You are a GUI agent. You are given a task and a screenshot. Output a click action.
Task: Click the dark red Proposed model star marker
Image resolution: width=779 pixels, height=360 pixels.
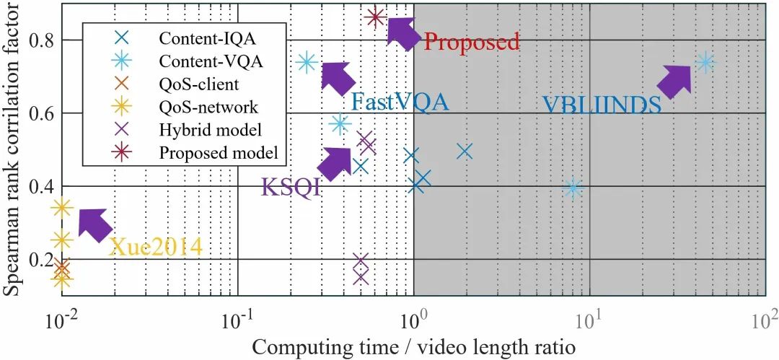point(375,17)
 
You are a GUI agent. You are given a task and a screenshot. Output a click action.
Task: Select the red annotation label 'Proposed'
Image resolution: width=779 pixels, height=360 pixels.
point(471,42)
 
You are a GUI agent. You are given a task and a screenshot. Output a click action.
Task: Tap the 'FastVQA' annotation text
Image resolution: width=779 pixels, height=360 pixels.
point(400,102)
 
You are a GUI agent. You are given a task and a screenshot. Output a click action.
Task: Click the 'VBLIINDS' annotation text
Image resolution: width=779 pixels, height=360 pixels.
point(602,105)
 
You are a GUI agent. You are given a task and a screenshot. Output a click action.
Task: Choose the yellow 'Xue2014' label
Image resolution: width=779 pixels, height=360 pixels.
point(155,247)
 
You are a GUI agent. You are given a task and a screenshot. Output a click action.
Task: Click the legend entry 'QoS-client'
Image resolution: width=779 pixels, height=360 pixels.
point(199,84)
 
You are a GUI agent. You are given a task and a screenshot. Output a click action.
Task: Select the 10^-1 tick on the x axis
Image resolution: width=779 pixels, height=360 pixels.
point(237,317)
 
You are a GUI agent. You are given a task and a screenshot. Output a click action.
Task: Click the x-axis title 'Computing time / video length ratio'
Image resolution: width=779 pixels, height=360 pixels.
point(413,346)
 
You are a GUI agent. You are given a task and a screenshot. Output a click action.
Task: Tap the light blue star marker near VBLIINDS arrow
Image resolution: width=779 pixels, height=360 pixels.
point(705,63)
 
